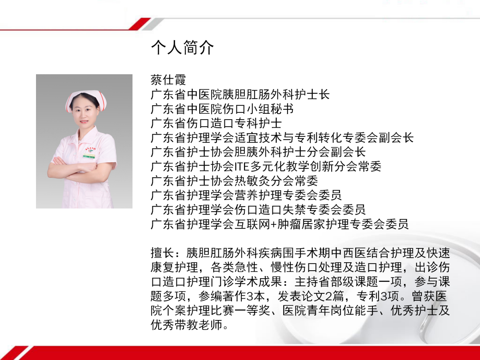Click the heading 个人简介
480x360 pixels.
[x=182, y=48]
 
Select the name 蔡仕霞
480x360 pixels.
[x=168, y=80]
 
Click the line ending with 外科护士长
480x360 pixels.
[x=240, y=95]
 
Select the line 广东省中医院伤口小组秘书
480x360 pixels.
[x=222, y=109]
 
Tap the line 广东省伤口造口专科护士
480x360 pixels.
[x=216, y=123]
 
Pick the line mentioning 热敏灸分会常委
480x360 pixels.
[x=234, y=181]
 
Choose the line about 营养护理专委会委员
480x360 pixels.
[x=246, y=195]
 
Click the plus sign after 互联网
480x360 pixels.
[x=274, y=224]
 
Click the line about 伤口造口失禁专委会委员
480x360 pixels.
[x=258, y=209]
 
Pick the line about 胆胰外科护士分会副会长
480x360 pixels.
[x=258, y=152]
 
